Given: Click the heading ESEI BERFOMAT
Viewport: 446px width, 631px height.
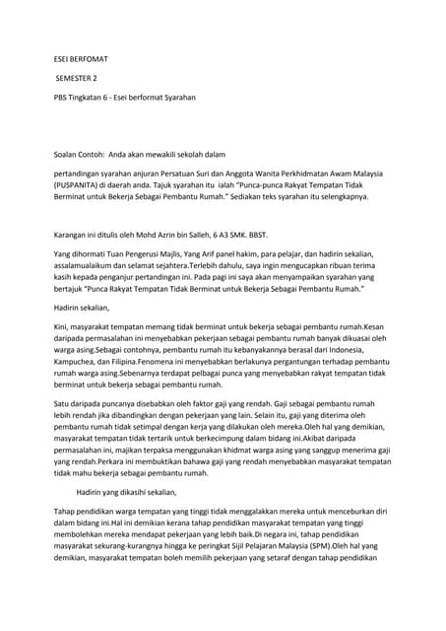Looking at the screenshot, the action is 81,56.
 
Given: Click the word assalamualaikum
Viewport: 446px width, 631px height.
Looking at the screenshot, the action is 89,266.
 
